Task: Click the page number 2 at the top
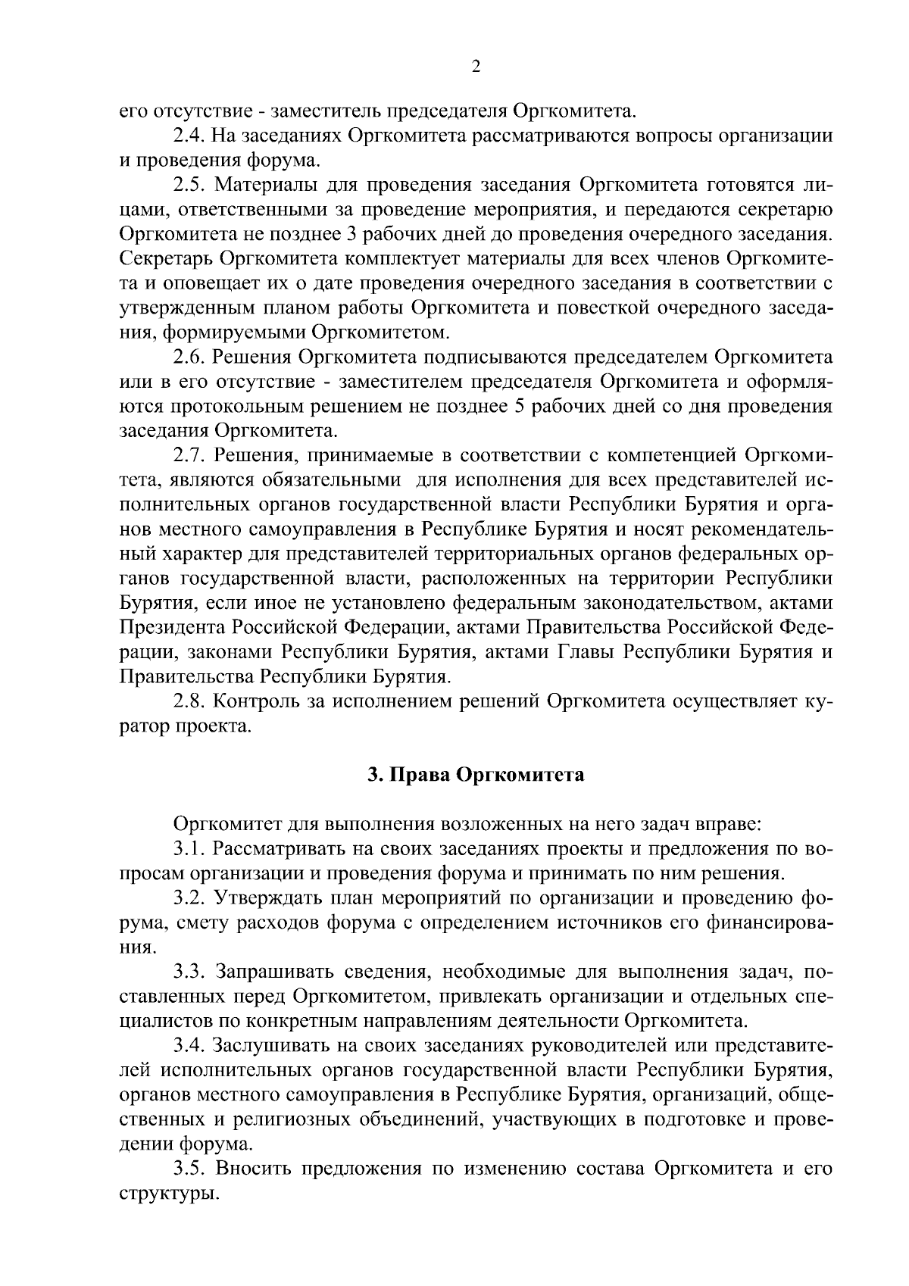476,67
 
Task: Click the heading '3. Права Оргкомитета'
476,776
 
